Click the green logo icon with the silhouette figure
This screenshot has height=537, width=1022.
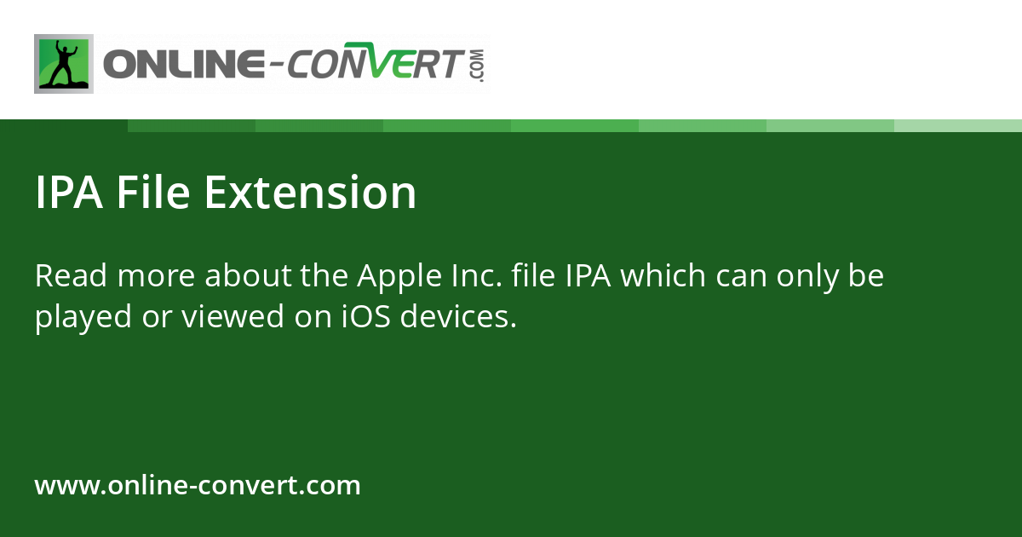coord(64,64)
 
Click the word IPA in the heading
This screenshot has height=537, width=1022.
coord(69,193)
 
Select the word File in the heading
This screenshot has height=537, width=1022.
coord(153,193)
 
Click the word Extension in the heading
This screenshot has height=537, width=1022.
coord(310,193)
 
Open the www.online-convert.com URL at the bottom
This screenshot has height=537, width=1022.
coord(198,486)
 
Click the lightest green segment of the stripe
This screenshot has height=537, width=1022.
coord(958,125)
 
